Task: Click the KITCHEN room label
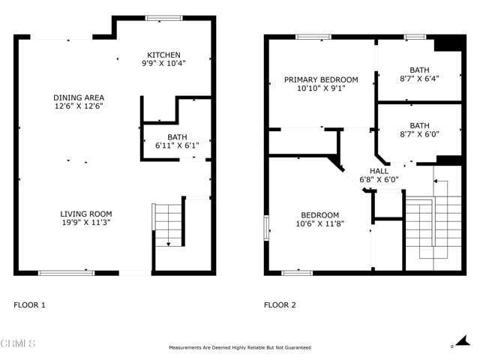coord(163,55)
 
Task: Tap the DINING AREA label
coord(78,97)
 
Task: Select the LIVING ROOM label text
coord(86,214)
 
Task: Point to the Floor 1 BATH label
coord(177,136)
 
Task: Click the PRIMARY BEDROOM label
coord(320,79)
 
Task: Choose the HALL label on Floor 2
coord(379,171)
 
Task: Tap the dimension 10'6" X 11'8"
coord(320,223)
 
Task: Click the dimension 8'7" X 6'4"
coord(419,77)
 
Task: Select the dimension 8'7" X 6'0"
coord(419,135)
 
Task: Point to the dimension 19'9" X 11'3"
coord(86,223)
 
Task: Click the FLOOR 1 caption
coord(30,305)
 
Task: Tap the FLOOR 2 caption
coord(280,305)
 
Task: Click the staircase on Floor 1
coord(169,224)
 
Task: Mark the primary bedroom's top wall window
coord(314,36)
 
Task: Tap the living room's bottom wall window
coord(66,272)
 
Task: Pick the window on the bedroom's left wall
coord(266,228)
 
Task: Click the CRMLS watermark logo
coord(18,344)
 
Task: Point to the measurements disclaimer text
coord(240,347)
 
